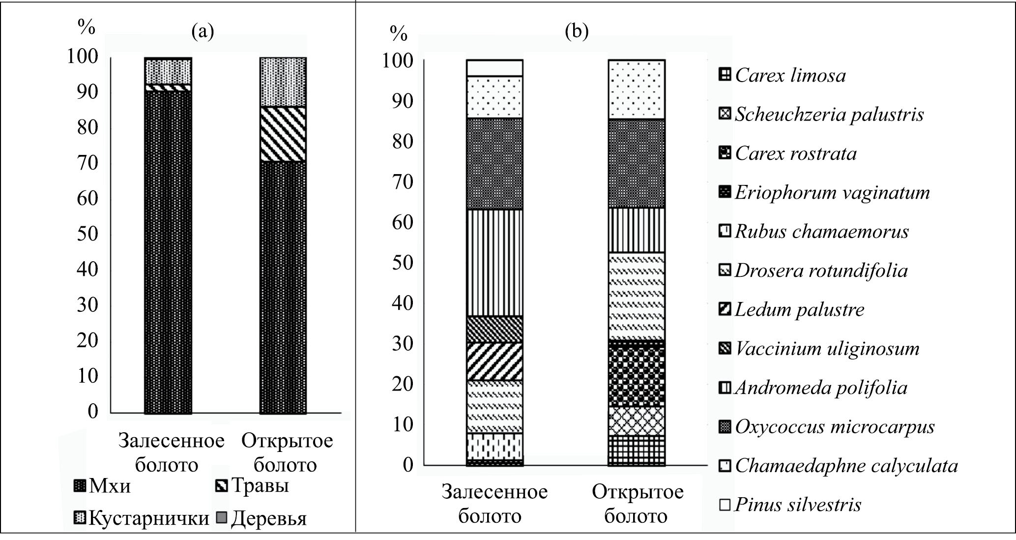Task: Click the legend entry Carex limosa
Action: coord(790,75)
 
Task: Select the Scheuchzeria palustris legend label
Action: coord(829,115)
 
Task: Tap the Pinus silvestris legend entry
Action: coord(798,505)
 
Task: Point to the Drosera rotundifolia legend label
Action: coord(821,270)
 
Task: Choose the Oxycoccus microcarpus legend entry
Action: coord(835,426)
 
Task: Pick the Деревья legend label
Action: coord(268,518)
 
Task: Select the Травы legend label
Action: coord(260,485)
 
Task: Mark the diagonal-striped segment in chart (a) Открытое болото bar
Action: coord(283,134)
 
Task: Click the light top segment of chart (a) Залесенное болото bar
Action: coord(168,71)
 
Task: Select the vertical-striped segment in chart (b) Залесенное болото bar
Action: coord(494,263)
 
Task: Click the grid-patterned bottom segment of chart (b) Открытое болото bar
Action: coord(637,450)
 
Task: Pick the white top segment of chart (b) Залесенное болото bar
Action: coord(494,68)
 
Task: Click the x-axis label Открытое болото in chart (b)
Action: coord(637,504)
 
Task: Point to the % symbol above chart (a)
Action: coord(86,28)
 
